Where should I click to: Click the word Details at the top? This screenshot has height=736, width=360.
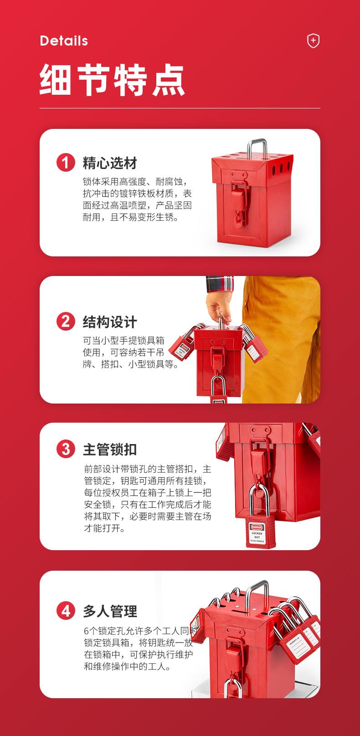click(x=64, y=41)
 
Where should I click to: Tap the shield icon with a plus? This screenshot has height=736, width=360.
click(x=313, y=41)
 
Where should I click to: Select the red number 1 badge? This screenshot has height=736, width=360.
click(x=66, y=163)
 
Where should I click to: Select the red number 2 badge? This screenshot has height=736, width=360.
click(x=66, y=322)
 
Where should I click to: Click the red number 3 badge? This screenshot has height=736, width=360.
click(x=66, y=449)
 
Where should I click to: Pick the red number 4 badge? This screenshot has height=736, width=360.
click(x=66, y=611)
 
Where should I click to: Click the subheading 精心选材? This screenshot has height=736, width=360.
click(x=110, y=163)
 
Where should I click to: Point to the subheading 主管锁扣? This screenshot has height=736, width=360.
click(x=110, y=449)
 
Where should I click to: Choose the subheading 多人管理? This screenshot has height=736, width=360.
click(x=110, y=611)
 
